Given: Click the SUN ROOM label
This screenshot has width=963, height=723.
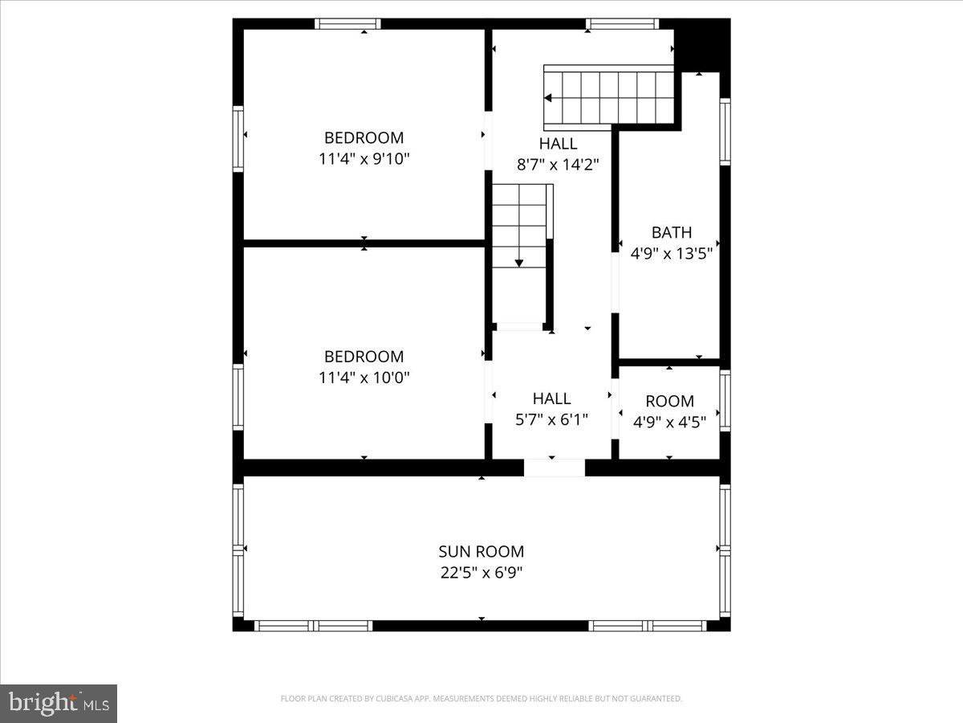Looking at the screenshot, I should (x=481, y=551).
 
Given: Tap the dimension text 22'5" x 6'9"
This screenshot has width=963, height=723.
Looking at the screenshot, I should (x=481, y=573).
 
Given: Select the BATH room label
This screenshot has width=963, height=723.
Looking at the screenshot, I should (x=671, y=233).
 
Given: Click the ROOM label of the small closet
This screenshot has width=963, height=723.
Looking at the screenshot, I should (x=669, y=401).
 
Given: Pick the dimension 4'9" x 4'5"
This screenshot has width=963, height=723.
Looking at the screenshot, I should (x=669, y=422).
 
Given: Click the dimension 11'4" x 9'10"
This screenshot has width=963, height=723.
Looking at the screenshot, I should (x=364, y=159).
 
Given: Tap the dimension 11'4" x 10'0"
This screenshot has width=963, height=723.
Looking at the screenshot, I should (x=364, y=378).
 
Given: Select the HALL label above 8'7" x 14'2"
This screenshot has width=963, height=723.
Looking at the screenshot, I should (x=558, y=144).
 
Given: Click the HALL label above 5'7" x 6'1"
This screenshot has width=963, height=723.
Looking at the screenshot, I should (x=552, y=398).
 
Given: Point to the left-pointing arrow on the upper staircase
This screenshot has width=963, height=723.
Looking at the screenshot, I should (x=548, y=98).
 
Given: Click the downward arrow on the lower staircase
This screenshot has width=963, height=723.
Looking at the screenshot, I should (x=519, y=262).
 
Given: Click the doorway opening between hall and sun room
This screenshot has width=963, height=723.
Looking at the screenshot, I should (x=554, y=468).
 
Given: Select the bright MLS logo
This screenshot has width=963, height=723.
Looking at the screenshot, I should (x=59, y=704).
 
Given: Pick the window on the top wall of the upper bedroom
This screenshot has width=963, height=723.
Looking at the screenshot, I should (x=347, y=23).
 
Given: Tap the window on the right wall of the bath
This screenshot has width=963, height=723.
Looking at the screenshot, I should (x=725, y=132).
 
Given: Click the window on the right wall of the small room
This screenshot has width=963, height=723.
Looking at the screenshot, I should (x=725, y=400).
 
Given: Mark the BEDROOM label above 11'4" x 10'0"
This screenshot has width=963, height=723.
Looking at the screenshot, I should (x=364, y=357).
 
